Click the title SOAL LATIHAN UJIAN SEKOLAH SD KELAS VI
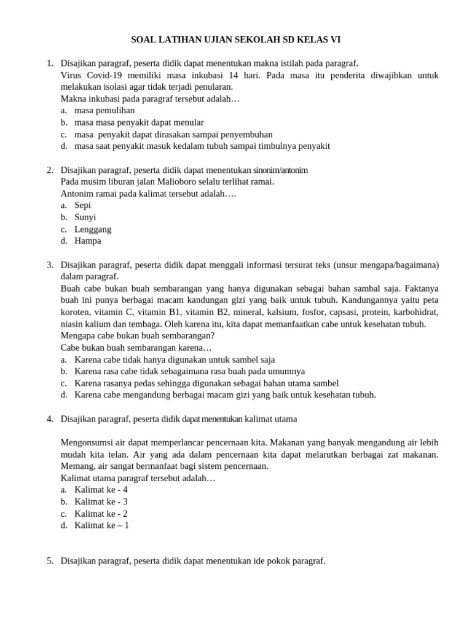[x=236, y=40]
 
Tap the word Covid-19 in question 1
[x=104, y=76]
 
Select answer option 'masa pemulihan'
[x=104, y=111]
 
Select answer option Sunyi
[x=85, y=217]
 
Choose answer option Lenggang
[x=93, y=229]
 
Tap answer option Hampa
[x=88, y=241]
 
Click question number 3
[x=50, y=265]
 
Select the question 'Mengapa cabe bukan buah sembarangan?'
[x=138, y=336]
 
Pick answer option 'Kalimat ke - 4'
[x=101, y=490]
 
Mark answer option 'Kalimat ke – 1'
[x=101, y=525]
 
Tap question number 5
[x=50, y=561]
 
